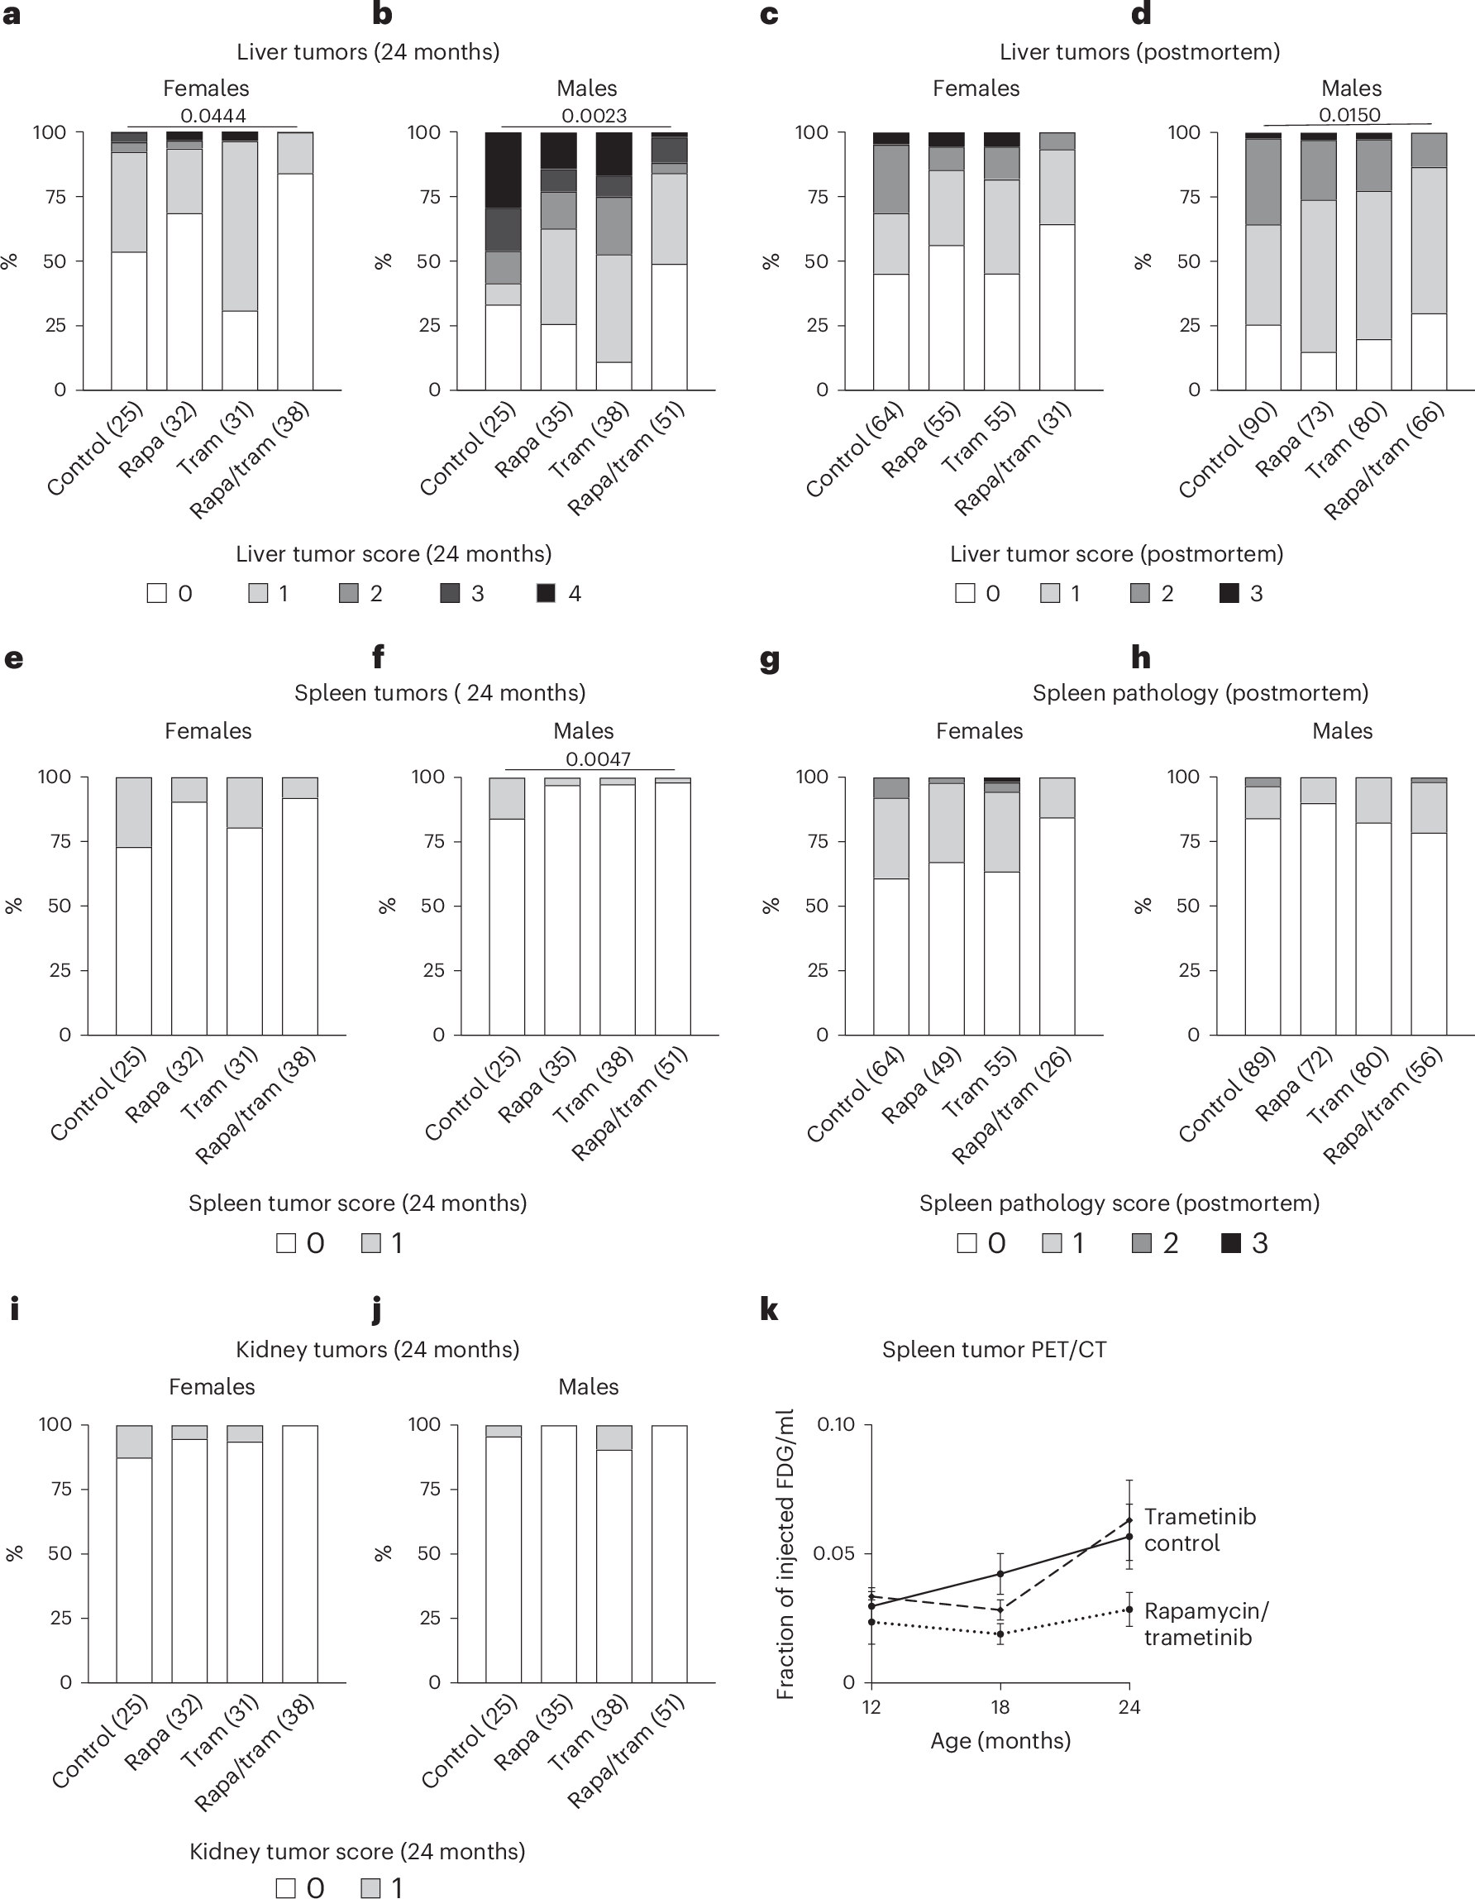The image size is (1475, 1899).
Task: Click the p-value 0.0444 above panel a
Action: pyautogui.click(x=213, y=116)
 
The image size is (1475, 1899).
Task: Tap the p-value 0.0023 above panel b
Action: pyautogui.click(x=594, y=116)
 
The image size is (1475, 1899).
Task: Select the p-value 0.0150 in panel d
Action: pyautogui.click(x=1349, y=115)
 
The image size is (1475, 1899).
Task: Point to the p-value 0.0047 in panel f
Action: pyautogui.click(x=598, y=759)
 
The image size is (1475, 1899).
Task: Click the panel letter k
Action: pyautogui.click(x=768, y=1309)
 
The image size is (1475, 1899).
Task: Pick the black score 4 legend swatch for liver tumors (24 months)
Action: pyautogui.click(x=546, y=593)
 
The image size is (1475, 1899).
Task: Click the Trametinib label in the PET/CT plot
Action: pyautogui.click(x=1200, y=1517)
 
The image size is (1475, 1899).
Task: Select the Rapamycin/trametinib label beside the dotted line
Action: pyautogui.click(x=1205, y=1624)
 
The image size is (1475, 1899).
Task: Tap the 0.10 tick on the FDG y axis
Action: pyautogui.click(x=836, y=1425)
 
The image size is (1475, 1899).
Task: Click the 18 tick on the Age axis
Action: pyautogui.click(x=1000, y=1707)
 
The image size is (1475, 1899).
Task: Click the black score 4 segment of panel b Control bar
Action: pyautogui.click(x=504, y=170)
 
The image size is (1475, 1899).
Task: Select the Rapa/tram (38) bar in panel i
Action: pyautogui.click(x=300, y=1553)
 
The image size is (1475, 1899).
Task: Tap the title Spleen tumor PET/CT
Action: pyautogui.click(x=994, y=1350)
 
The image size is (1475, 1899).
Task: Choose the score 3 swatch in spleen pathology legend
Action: pyautogui.click(x=1231, y=1243)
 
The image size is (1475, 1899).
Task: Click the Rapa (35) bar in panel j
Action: pyautogui.click(x=559, y=1553)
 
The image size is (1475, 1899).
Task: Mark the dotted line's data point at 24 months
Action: pyautogui.click(x=1129, y=1610)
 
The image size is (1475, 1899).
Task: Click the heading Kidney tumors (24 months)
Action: pyautogui.click(x=377, y=1350)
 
